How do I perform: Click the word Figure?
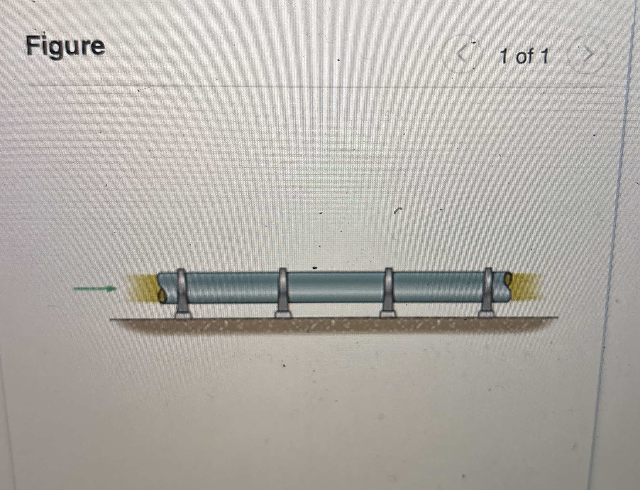(x=65, y=46)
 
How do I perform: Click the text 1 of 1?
(x=524, y=56)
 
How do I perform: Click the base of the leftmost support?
(x=183, y=315)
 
